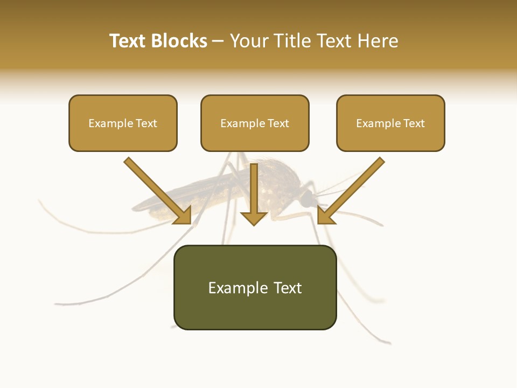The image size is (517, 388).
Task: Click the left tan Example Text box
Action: tap(123, 123)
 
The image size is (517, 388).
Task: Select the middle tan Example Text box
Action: tap(255, 123)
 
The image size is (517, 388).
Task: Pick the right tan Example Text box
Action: tap(390, 123)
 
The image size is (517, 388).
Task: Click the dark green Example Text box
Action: tap(255, 288)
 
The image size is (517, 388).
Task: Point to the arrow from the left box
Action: tap(156, 189)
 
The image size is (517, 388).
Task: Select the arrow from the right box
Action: tap(352, 189)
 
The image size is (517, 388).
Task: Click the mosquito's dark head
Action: tap(308, 200)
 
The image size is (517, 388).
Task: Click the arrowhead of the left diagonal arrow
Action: tap(183, 215)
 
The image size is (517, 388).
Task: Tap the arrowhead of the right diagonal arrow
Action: tap(325, 215)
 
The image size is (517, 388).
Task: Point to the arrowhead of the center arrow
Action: tap(254, 218)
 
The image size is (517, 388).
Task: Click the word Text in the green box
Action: tap(285, 288)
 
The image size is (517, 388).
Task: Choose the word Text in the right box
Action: tap(414, 123)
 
